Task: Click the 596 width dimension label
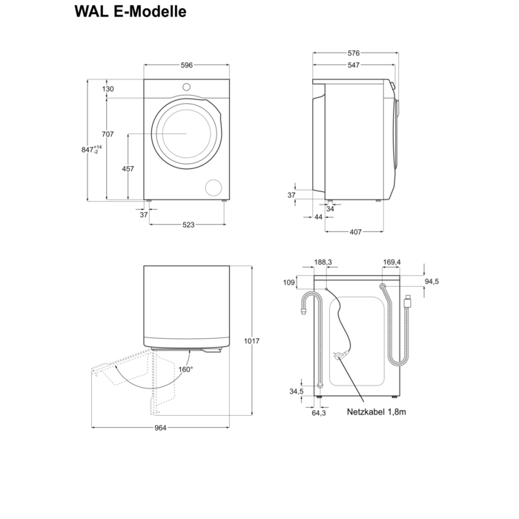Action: click(x=186, y=65)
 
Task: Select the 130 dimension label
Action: click(x=108, y=89)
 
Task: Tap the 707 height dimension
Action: click(x=108, y=134)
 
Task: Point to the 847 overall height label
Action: click(x=87, y=150)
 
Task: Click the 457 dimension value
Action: click(x=128, y=169)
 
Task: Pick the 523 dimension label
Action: click(x=189, y=225)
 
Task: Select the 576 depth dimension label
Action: click(x=354, y=53)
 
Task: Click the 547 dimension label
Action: click(x=354, y=65)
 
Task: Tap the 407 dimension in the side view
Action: click(x=355, y=232)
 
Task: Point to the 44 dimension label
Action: click(x=319, y=217)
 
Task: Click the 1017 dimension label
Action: click(x=251, y=341)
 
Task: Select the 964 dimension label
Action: click(x=160, y=428)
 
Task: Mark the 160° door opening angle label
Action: click(x=185, y=369)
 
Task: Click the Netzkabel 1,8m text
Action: click(x=376, y=411)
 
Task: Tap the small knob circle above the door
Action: click(x=186, y=87)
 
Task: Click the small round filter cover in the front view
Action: click(x=214, y=186)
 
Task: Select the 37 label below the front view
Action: click(x=144, y=214)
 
